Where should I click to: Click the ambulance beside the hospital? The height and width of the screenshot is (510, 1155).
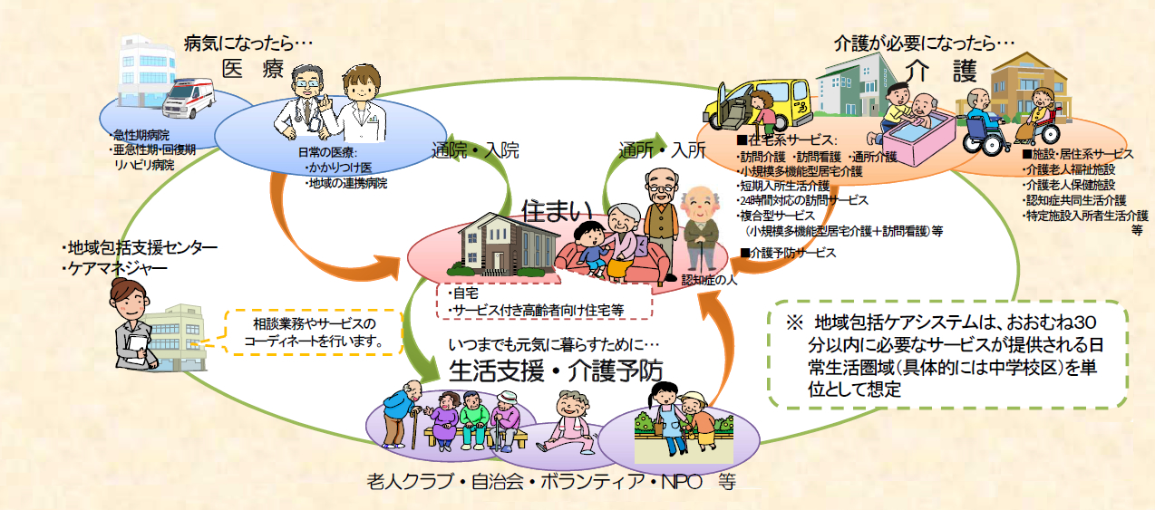tap(189, 97)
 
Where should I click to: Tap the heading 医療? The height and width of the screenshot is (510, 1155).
tap(253, 69)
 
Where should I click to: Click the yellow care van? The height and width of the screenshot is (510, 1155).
tap(757, 105)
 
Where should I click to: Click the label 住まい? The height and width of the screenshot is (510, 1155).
tap(557, 211)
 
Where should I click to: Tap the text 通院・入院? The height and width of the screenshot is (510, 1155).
tap(475, 150)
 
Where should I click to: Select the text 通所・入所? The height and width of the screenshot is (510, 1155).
tap(662, 150)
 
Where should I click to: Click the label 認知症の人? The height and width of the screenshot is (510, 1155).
tap(710, 280)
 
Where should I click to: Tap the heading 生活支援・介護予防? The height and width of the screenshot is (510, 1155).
tap(556, 370)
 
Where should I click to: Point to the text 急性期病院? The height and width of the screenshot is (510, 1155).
tap(141, 136)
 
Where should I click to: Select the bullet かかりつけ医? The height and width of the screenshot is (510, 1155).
tap(340, 168)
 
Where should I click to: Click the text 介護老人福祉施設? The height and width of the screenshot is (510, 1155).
tap(1071, 169)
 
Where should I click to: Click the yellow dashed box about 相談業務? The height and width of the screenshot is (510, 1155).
tap(315, 332)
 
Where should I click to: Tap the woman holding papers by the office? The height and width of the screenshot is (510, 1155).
tap(132, 324)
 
